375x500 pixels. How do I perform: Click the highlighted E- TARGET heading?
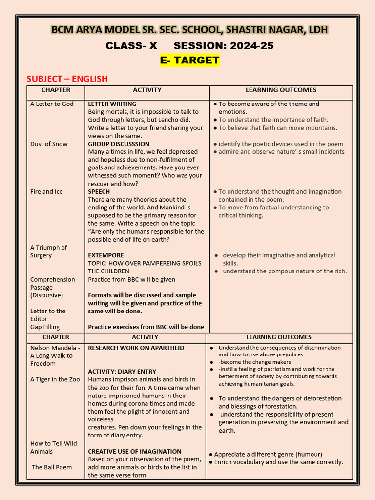pyautogui.click(x=189, y=61)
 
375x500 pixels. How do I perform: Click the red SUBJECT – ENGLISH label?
pyautogui.click(x=67, y=79)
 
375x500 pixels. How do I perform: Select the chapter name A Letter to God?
pyautogui.click(x=52, y=104)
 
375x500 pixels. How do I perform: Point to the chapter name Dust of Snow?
pyautogui.click(x=49, y=144)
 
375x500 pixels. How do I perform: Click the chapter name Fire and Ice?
pyautogui.click(x=46, y=192)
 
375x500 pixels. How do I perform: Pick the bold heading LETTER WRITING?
pyautogui.click(x=112, y=104)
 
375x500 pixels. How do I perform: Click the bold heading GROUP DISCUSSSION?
pyautogui.click(x=119, y=144)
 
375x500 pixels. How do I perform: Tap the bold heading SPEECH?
pyautogui.click(x=99, y=192)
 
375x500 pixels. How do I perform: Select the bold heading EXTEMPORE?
pyautogui.click(x=106, y=255)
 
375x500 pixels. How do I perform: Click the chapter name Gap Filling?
pyautogui.click(x=45, y=327)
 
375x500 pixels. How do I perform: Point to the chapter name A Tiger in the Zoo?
pyautogui.click(x=55, y=379)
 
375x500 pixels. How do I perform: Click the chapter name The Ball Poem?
pyautogui.click(x=52, y=467)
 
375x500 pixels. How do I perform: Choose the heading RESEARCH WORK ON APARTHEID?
pyautogui.click(x=136, y=348)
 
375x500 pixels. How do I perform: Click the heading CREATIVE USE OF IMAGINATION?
pyautogui.click(x=135, y=452)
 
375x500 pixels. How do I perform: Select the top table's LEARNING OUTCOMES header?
pyautogui.click(x=281, y=90)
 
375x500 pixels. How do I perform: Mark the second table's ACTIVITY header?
pyautogui.click(x=145, y=337)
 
